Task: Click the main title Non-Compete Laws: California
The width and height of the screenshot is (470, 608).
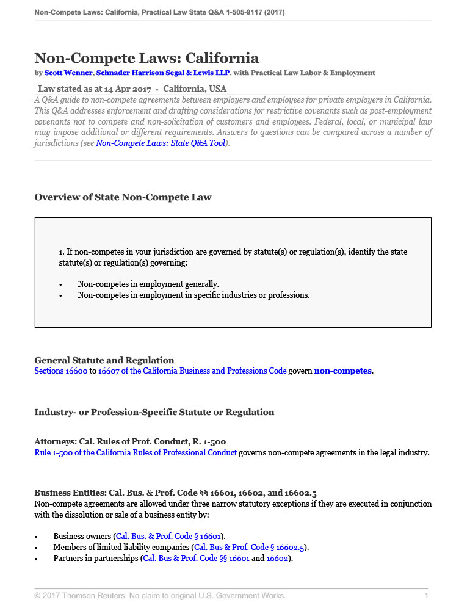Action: [x=146, y=58]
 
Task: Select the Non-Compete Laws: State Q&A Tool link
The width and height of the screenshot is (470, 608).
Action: [x=161, y=143]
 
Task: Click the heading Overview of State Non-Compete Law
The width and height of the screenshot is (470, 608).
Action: [x=123, y=197]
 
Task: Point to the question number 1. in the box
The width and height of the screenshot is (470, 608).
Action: [x=62, y=252]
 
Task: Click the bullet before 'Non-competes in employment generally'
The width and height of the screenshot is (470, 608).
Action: [x=61, y=284]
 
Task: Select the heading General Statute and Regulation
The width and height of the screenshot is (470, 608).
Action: [x=104, y=360]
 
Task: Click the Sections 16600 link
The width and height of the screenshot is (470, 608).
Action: [x=61, y=371]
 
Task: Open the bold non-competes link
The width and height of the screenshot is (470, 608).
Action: [x=342, y=371]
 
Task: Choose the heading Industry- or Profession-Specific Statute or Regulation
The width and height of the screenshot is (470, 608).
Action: [x=154, y=412]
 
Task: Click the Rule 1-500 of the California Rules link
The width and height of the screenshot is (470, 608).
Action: [x=136, y=452]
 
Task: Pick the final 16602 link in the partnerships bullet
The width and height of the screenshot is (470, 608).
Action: [x=278, y=558]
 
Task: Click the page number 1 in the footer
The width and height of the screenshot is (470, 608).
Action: [x=427, y=596]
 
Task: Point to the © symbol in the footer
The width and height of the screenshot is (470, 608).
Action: [x=38, y=596]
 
